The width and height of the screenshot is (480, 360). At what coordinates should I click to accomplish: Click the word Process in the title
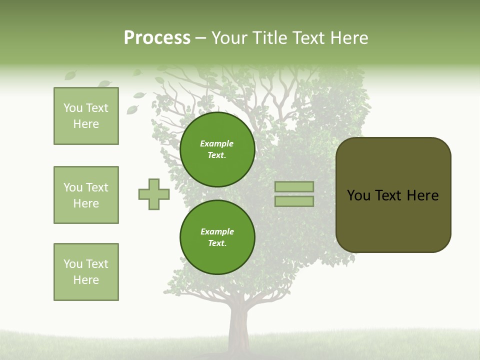pyautogui.click(x=157, y=38)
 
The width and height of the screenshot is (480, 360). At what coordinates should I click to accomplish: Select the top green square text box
pyautogui.click(x=86, y=116)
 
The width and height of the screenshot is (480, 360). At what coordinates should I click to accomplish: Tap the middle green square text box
pyautogui.click(x=86, y=195)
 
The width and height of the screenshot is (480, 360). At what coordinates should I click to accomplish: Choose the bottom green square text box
pyautogui.click(x=86, y=272)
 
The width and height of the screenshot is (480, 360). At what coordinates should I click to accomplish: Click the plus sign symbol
pyautogui.click(x=154, y=194)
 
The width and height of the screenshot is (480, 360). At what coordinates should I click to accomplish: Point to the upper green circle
pyautogui.click(x=217, y=149)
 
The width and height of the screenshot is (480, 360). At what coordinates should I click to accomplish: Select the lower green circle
pyautogui.click(x=217, y=237)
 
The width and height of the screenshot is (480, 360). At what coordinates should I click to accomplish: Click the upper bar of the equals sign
pyautogui.click(x=294, y=186)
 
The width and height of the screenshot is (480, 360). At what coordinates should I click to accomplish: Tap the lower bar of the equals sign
pyautogui.click(x=294, y=201)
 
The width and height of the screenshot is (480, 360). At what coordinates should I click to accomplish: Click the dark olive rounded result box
pyautogui.click(x=393, y=220)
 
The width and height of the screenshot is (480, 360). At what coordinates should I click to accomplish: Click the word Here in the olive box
pyautogui.click(x=422, y=195)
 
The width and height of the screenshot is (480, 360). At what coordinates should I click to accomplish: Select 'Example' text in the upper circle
pyautogui.click(x=216, y=144)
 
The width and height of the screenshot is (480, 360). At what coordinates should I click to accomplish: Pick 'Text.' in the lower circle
pyautogui.click(x=217, y=243)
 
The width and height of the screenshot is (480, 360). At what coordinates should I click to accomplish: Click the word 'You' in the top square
pyautogui.click(x=73, y=108)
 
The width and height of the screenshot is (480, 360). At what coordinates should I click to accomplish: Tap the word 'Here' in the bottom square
pyautogui.click(x=86, y=280)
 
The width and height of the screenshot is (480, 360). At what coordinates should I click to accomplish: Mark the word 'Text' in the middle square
pyautogui.click(x=97, y=187)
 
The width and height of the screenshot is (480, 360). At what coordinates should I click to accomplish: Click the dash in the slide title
pyautogui.click(x=201, y=38)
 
